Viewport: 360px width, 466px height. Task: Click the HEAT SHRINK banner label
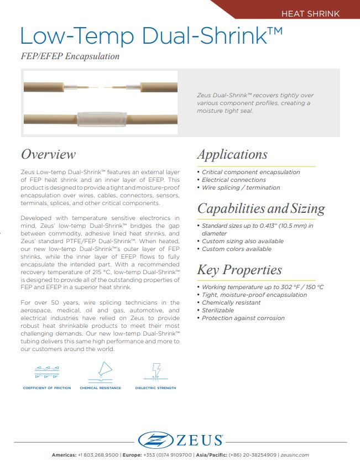[x=310, y=13]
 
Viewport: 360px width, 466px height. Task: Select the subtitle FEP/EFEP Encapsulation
[x=70, y=56]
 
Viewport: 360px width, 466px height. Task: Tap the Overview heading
[x=48, y=154]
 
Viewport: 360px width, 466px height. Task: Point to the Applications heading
[x=232, y=154]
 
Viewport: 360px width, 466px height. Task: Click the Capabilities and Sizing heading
[x=261, y=208]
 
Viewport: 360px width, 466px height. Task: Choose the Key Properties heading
[x=239, y=270]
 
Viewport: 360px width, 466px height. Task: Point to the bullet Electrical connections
[x=233, y=180]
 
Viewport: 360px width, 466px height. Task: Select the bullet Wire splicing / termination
[x=241, y=187]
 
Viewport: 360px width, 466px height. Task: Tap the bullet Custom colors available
[x=236, y=249]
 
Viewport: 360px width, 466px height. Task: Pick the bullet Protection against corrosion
[x=243, y=318]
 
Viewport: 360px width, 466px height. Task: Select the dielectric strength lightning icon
[x=155, y=371]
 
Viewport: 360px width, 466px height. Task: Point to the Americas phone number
[x=98, y=455]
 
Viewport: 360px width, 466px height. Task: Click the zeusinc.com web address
[x=294, y=455]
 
